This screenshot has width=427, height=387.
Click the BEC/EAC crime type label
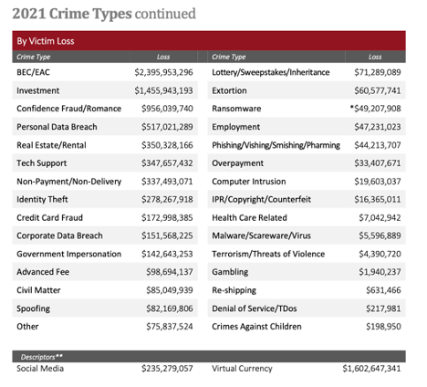click(x=33, y=72)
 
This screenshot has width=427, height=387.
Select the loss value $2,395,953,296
click(x=163, y=72)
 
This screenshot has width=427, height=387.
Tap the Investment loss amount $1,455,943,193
click(x=163, y=90)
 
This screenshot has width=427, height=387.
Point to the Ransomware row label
click(x=236, y=109)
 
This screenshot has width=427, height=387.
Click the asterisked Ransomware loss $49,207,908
click(x=375, y=109)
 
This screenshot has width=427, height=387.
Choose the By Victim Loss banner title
click(x=46, y=41)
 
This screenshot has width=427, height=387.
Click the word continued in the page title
click(x=165, y=14)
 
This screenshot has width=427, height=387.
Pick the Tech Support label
click(x=42, y=163)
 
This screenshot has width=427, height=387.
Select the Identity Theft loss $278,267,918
click(x=167, y=199)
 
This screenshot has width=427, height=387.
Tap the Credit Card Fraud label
click(x=49, y=217)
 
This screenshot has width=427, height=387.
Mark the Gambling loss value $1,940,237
click(x=380, y=272)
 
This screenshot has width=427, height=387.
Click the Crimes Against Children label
click(x=256, y=327)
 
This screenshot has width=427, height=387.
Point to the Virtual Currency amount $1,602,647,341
click(x=371, y=369)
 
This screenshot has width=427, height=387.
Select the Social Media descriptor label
click(x=40, y=369)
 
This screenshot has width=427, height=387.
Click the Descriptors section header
click(x=42, y=357)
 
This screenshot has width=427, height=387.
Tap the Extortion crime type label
click(x=229, y=90)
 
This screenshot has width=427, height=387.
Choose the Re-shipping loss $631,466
click(x=383, y=290)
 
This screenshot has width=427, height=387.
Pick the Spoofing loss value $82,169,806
click(x=170, y=309)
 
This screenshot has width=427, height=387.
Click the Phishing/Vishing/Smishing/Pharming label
click(x=276, y=145)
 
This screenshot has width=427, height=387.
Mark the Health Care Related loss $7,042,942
click(x=380, y=217)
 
